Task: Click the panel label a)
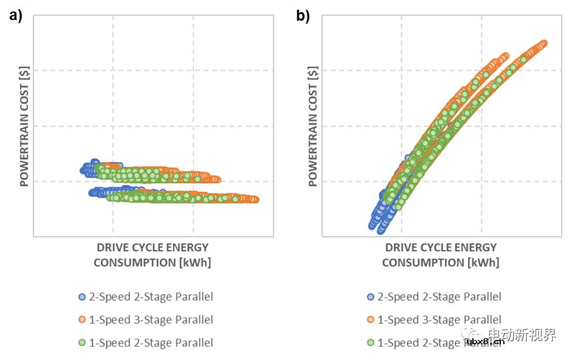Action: point(16,16)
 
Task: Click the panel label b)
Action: point(303,16)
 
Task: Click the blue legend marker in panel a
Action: point(82,297)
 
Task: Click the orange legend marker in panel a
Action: point(82,320)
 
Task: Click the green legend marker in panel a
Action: point(82,343)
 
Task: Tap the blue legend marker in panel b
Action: point(371,297)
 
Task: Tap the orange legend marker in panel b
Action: point(371,320)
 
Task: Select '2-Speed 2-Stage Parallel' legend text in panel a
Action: point(151,297)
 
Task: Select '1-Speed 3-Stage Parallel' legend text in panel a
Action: point(151,320)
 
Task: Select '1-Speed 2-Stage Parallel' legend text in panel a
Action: point(151,343)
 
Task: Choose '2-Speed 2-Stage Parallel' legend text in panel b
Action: point(439,297)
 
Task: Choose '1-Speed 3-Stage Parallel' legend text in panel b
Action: point(439,320)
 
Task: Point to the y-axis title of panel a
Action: point(25,128)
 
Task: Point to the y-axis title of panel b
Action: point(313,128)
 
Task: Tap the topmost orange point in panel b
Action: point(543,43)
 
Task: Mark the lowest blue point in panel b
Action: point(381,230)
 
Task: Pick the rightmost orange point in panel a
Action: point(255,199)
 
